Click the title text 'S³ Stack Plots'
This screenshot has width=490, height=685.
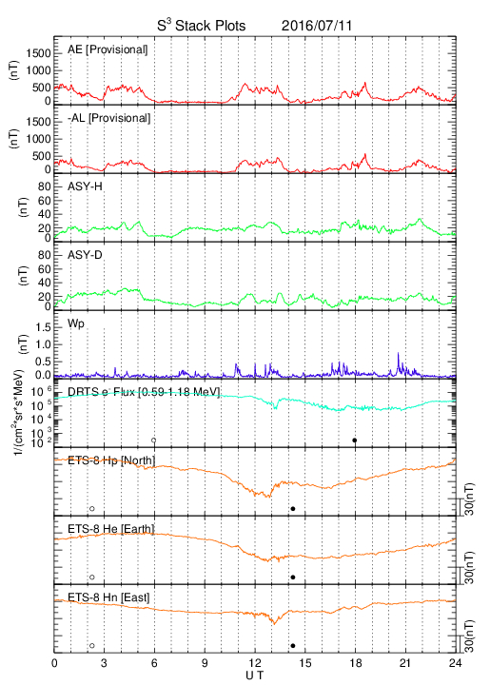(202, 26)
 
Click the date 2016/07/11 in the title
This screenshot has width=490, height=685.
(317, 26)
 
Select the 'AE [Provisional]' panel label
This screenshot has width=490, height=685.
(108, 49)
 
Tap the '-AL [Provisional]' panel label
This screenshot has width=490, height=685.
(109, 118)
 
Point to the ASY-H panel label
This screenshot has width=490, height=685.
(86, 186)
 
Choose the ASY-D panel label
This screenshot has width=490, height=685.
(86, 255)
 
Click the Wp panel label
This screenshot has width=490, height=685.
(76, 323)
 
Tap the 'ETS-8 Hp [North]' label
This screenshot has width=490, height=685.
(111, 460)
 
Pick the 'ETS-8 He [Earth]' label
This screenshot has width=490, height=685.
(111, 529)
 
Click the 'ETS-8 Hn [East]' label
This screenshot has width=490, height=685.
(108, 597)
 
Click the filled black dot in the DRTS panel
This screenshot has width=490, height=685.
(355, 440)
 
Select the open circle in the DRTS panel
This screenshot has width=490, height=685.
(154, 440)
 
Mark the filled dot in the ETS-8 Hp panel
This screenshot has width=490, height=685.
(293, 508)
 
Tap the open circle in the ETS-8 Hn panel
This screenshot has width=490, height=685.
(92, 645)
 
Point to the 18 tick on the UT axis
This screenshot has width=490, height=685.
(356, 663)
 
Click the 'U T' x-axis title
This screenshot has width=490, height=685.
(255, 675)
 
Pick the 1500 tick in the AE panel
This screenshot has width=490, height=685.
(38, 53)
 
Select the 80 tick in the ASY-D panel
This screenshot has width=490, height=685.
(44, 255)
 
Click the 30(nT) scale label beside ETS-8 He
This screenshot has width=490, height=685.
(469, 567)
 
